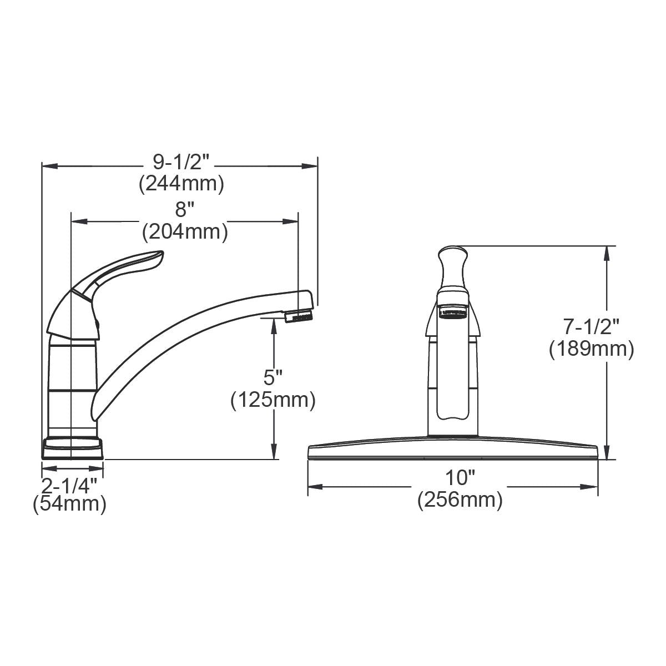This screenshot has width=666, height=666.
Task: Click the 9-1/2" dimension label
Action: pos(181,162)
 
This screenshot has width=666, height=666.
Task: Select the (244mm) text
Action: pos(181,183)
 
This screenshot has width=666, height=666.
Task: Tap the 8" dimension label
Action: pos(184,210)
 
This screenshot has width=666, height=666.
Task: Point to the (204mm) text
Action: pos(185,232)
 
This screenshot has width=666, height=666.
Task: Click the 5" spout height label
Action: pos(273,379)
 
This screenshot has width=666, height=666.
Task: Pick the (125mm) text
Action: pos(273,400)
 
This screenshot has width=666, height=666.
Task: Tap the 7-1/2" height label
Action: pos(591,327)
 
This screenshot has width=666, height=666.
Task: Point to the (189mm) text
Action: pos(591,350)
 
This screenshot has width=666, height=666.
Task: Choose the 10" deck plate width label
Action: pos(460,478)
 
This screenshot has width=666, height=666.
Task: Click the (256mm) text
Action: pos(460,500)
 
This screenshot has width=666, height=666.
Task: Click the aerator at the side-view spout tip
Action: pos(299,317)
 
